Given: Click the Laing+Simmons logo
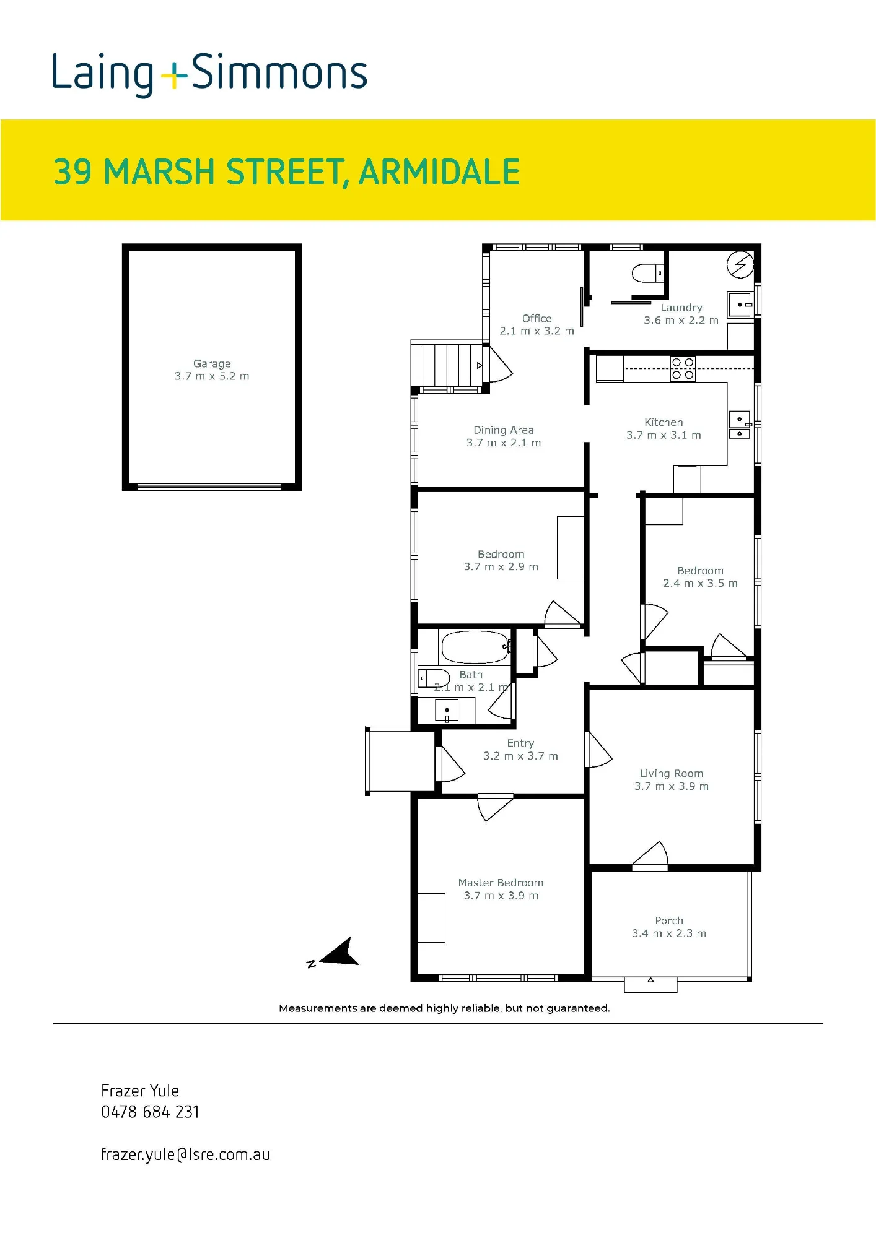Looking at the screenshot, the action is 209,75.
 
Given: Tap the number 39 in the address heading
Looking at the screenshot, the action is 72,172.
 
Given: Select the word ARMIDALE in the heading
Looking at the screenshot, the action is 439,172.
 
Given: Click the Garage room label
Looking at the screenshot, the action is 212,364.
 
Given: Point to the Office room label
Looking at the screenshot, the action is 537,318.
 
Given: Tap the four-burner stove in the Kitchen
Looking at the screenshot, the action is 683,369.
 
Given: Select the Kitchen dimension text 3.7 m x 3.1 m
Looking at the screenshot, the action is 664,435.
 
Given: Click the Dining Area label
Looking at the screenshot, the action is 504,430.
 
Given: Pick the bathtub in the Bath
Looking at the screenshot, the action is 475,647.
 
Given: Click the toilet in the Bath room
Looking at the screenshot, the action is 434,678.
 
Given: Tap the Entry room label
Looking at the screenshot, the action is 520,743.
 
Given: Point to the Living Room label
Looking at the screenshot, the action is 672,773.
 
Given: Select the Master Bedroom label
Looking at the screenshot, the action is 501,883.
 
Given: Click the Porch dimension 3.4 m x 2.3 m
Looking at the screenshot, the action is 669,933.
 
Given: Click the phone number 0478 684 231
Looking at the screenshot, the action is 150,1112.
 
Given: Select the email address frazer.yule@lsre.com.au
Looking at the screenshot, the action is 185,1154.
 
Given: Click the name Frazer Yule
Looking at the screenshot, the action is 140,1091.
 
